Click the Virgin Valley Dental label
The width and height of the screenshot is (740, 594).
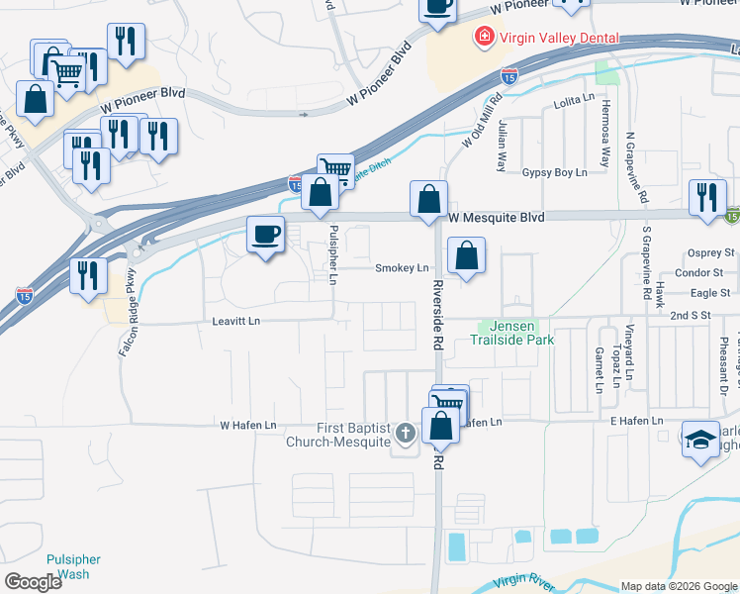click(559, 39)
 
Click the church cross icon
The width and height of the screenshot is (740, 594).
click(405, 433)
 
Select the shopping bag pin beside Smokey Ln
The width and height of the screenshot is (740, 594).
click(466, 255)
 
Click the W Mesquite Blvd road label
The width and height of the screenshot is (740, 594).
click(497, 217)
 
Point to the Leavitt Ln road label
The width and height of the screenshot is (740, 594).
click(235, 321)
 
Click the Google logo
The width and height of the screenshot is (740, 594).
click(34, 582)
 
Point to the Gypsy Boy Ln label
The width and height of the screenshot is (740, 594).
click(554, 172)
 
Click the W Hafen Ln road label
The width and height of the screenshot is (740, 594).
click(247, 425)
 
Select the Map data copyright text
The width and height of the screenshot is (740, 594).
click(679, 586)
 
